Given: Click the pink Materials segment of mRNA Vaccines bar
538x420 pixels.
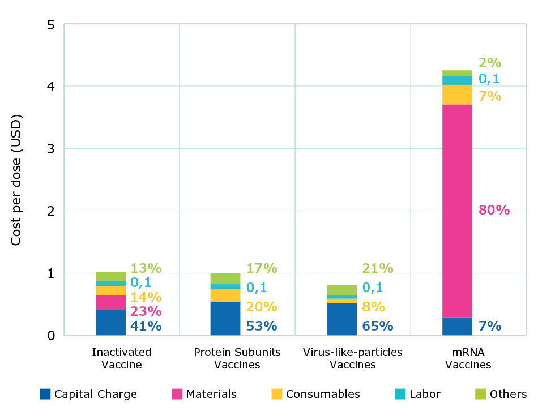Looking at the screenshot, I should (x=457, y=211).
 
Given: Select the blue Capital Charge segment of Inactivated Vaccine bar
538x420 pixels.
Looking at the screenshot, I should (x=111, y=322).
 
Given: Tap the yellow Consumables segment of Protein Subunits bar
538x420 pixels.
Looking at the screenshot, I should (x=225, y=295).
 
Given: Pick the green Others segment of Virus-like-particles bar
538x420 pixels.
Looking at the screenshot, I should (x=341, y=290).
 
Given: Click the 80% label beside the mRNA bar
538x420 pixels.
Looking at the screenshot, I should (x=494, y=211).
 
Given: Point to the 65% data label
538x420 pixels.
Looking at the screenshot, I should (x=378, y=326).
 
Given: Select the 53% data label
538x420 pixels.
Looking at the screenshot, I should (x=262, y=326).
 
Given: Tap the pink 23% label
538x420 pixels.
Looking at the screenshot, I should (x=146, y=311).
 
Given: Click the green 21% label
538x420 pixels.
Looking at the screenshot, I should (x=378, y=268).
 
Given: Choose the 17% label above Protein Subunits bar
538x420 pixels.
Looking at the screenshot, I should (x=262, y=268).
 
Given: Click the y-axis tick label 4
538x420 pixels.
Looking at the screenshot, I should (x=50, y=87).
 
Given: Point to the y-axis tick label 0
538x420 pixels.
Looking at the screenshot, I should (x=50, y=336).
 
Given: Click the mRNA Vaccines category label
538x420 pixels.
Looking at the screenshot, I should (x=468, y=358).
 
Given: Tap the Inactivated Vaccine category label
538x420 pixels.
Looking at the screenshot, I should (x=121, y=358).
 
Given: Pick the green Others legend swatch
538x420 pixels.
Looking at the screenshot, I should (x=480, y=394).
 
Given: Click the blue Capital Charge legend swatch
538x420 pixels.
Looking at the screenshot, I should (x=45, y=394).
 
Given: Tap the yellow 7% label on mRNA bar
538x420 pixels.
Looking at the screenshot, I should (x=490, y=96).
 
